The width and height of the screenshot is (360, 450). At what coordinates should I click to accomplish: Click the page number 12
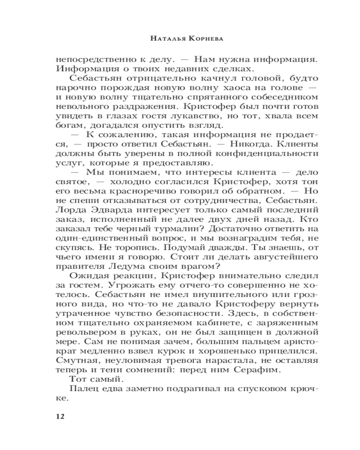(60, 416)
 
